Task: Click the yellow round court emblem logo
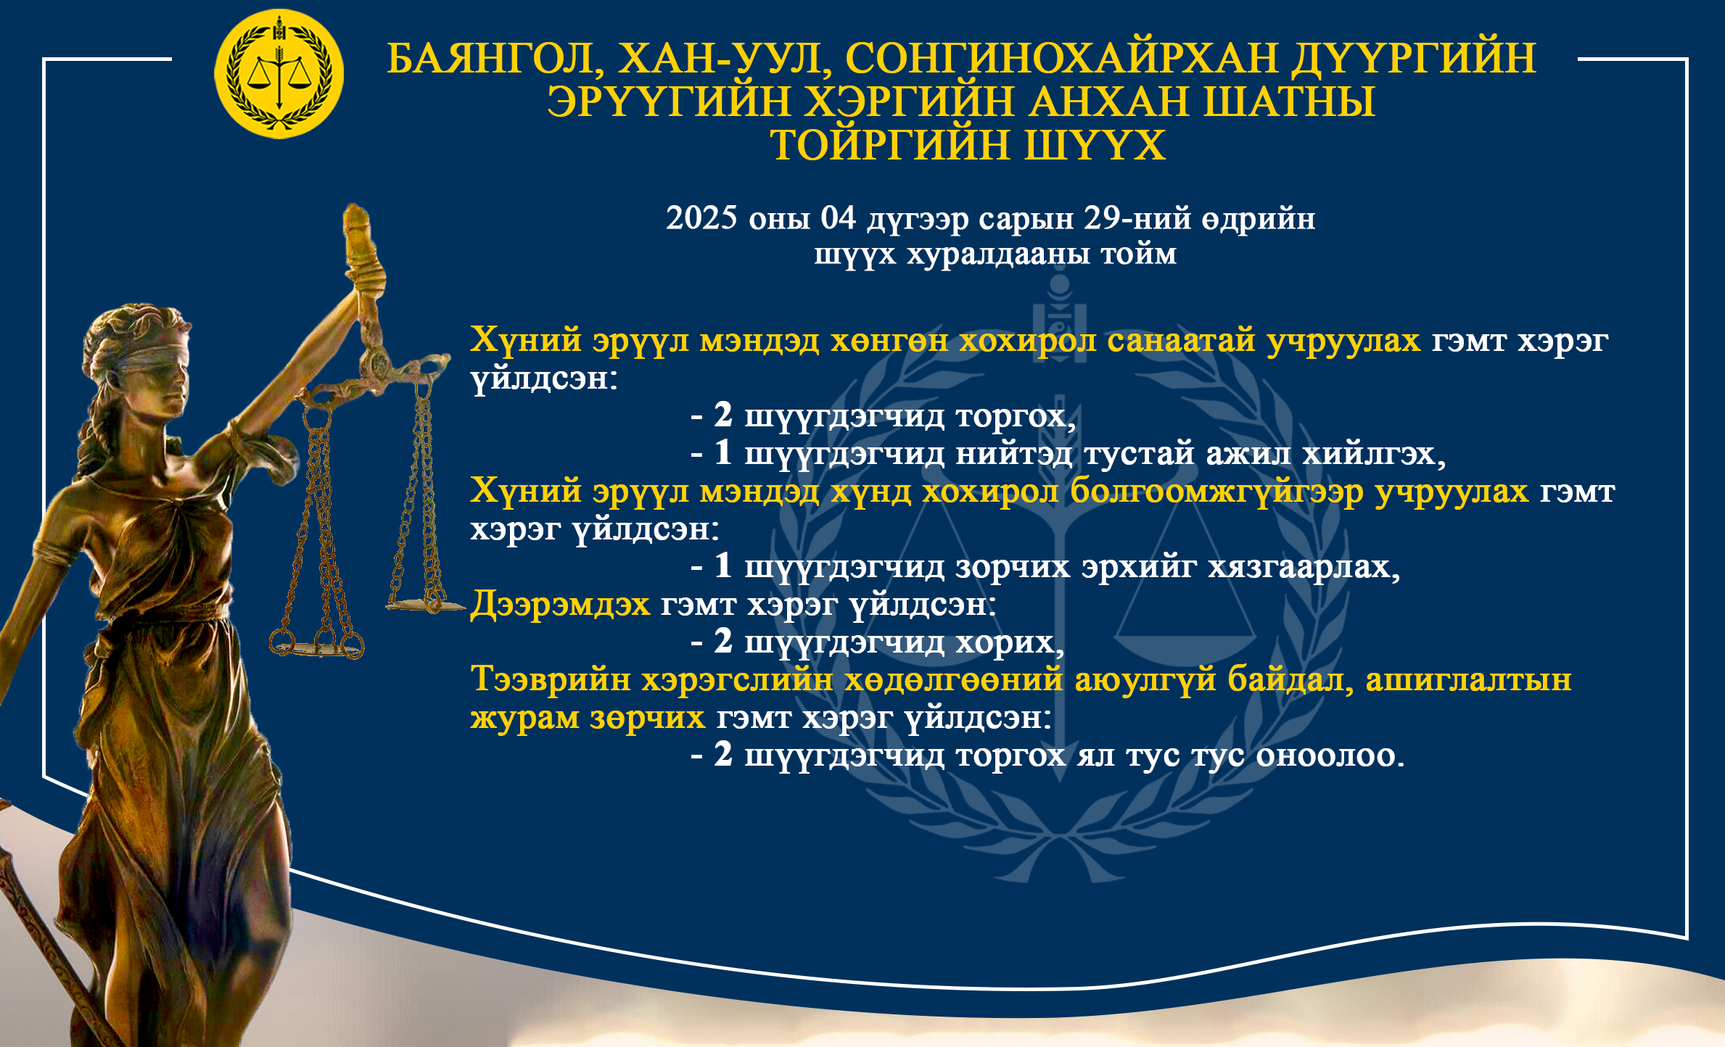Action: click(279, 74)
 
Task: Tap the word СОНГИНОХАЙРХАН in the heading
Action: click(1061, 58)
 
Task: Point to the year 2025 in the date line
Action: click(701, 218)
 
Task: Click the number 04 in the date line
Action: click(838, 218)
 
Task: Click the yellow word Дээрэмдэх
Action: click(560, 604)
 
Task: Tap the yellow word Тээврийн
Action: click(551, 680)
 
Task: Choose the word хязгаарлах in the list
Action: click(1304, 567)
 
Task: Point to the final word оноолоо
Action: click(1330, 756)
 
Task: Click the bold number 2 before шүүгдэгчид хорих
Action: click(723, 641)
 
